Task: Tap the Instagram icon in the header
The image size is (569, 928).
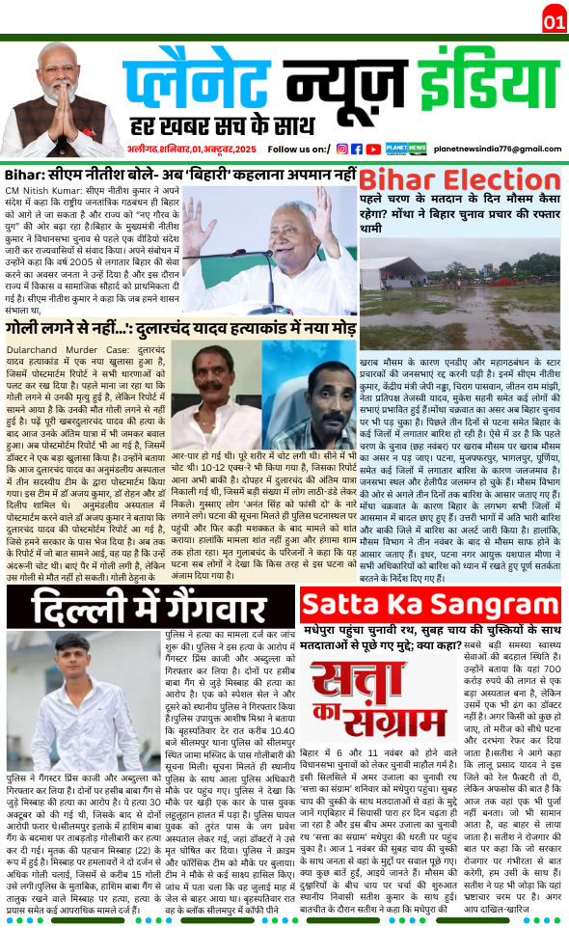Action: pos(341,149)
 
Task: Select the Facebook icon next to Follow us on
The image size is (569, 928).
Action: pos(357,149)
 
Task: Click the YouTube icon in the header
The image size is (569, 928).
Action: pos(372,149)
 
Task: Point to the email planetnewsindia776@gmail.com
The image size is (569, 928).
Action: pos(498,149)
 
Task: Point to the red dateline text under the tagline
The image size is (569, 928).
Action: pos(193,150)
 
